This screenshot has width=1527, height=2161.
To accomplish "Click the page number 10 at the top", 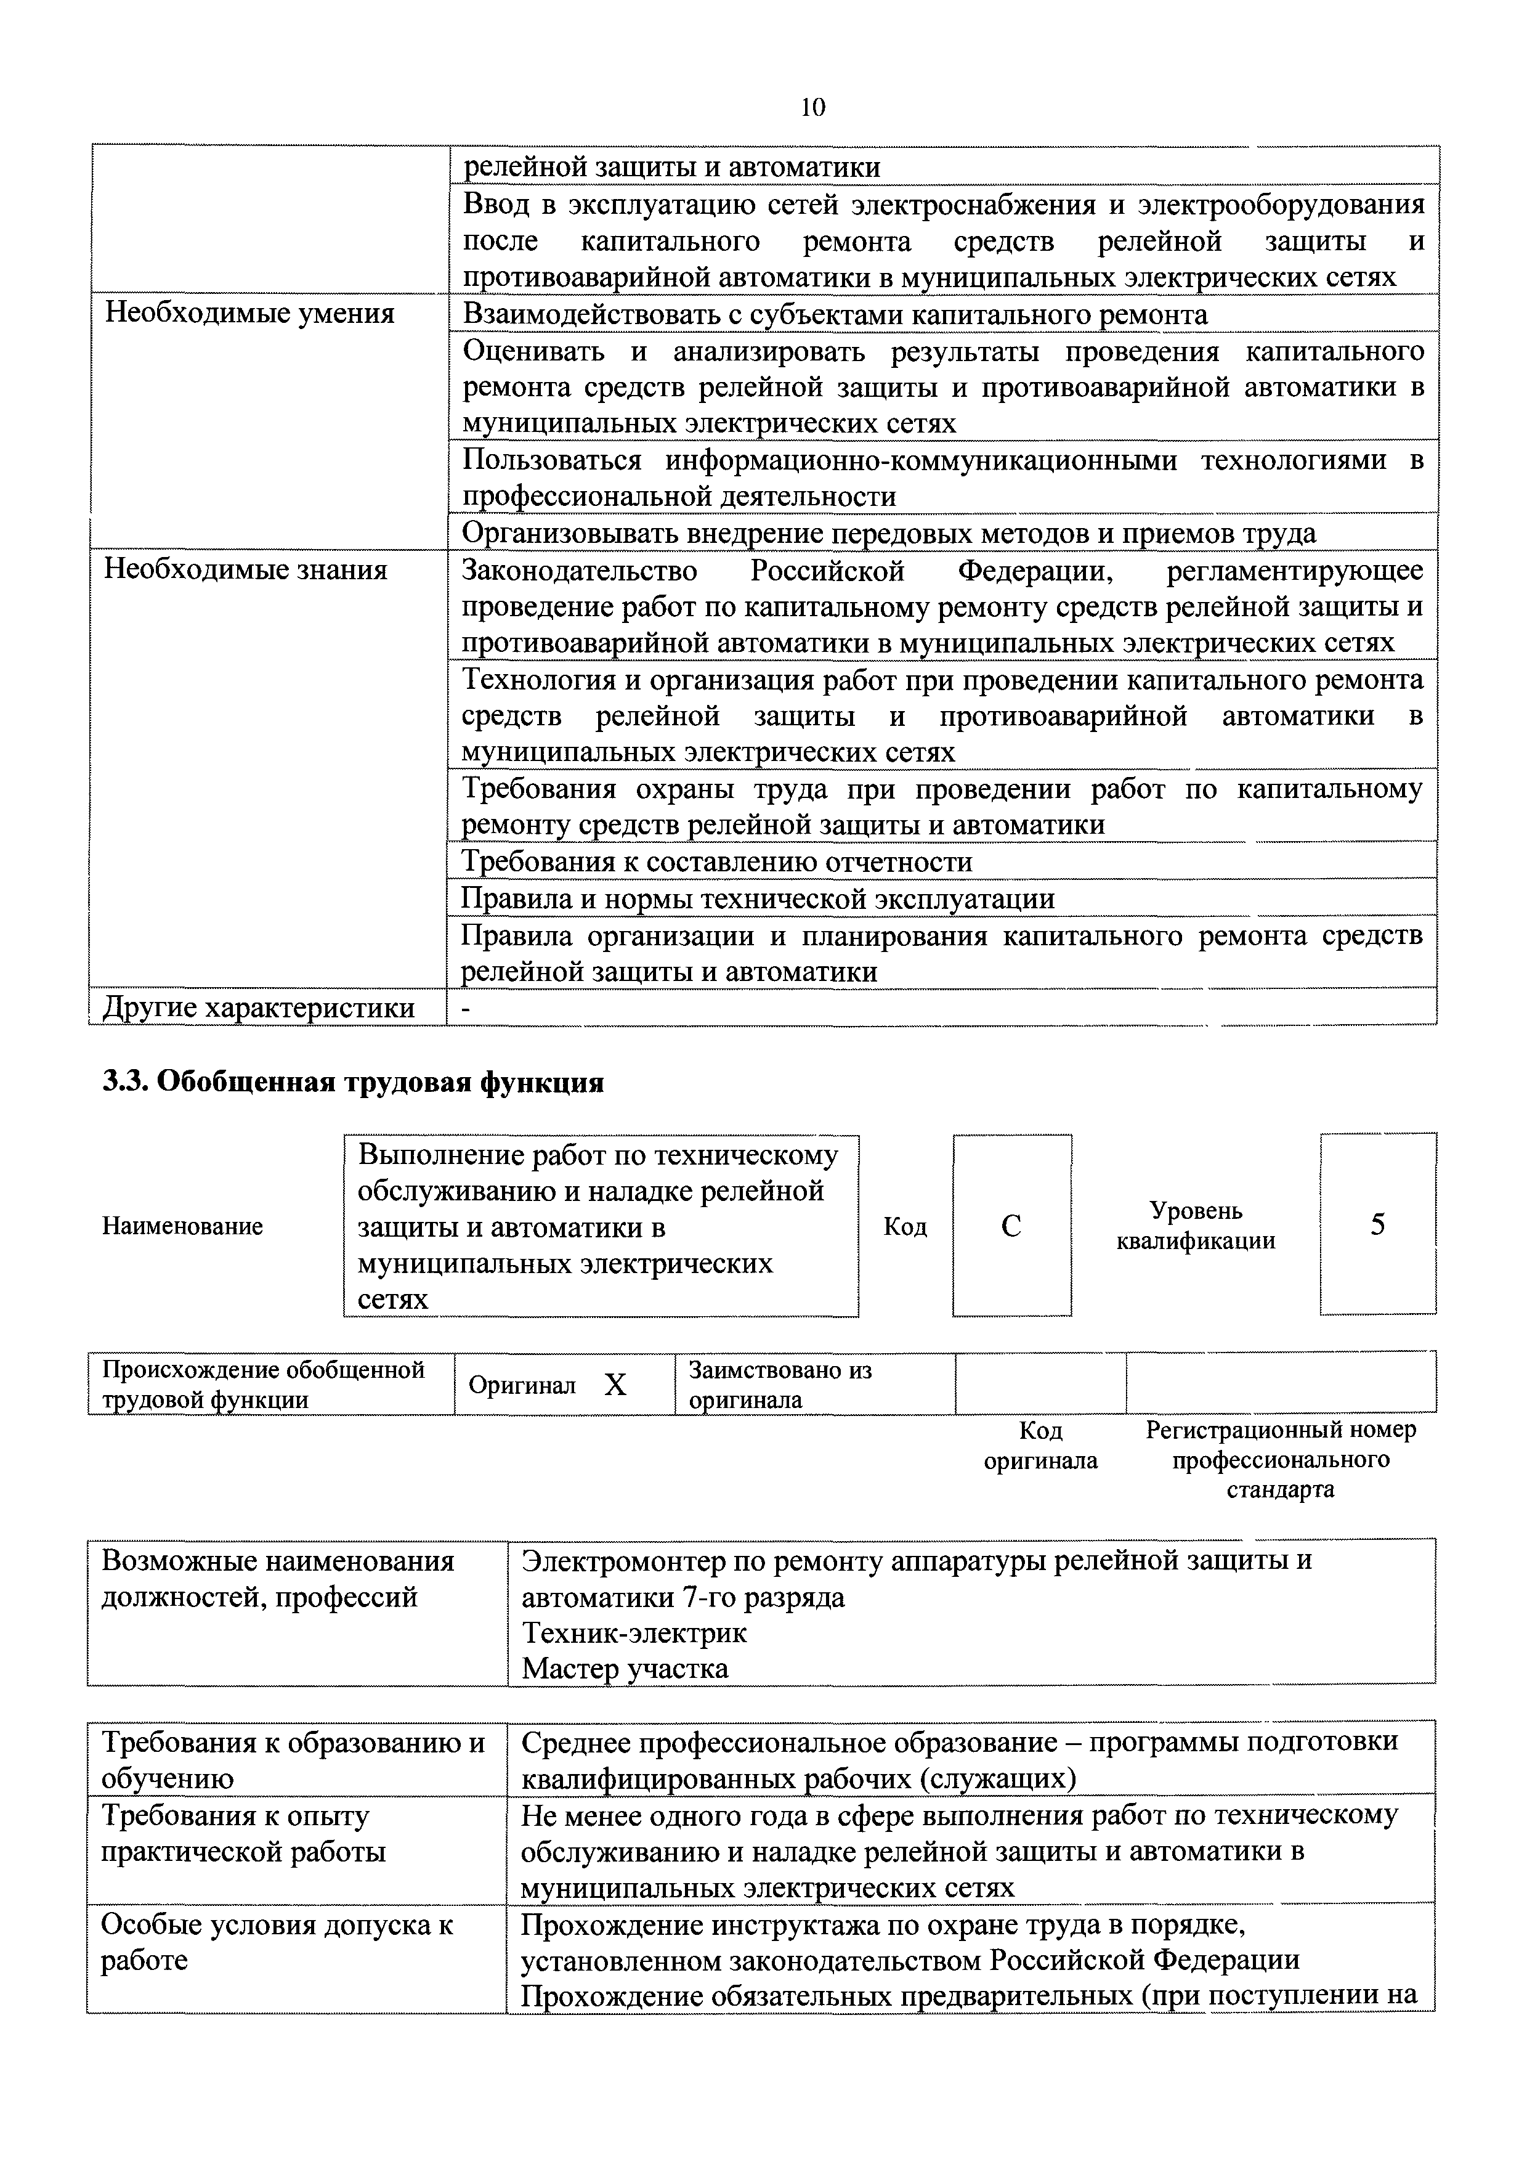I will (x=812, y=107).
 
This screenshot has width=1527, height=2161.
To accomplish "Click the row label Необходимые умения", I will (x=249, y=314).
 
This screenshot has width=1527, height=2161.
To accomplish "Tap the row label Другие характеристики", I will (x=259, y=1008).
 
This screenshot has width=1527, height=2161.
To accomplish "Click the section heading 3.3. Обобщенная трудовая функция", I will (x=353, y=1083).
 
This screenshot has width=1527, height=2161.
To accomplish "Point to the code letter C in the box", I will (x=1011, y=1226).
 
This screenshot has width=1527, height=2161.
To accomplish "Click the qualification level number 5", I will (x=1377, y=1224).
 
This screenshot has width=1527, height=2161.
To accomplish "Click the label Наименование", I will (x=182, y=1226).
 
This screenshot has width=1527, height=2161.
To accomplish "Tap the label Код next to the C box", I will (x=905, y=1226).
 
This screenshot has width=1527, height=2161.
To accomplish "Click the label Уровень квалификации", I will (x=1196, y=1226).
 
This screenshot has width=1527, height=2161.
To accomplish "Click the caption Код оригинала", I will (x=1040, y=1446).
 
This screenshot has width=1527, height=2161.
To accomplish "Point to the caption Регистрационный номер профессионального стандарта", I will (x=1281, y=1460).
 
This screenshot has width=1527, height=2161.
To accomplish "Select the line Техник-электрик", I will (x=634, y=1633).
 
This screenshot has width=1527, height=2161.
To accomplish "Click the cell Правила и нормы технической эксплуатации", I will (x=758, y=899).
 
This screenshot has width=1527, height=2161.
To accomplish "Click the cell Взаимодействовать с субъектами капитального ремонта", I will (x=835, y=314).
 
